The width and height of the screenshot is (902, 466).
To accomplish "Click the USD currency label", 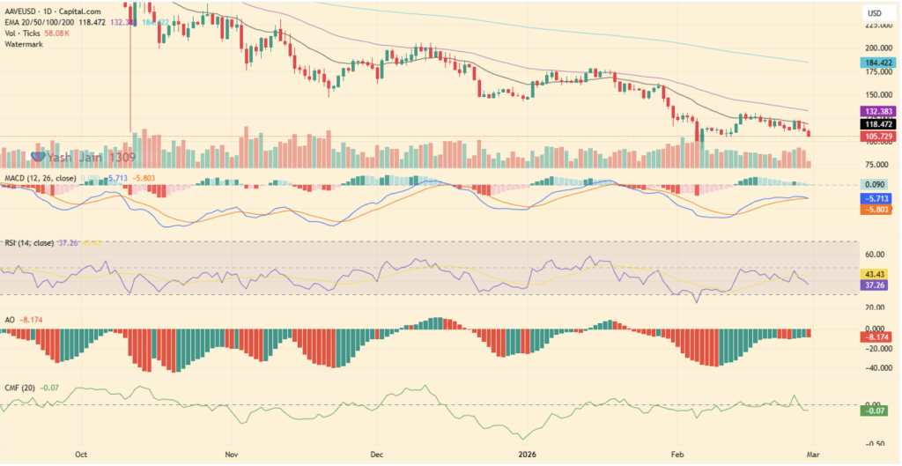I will coord(875,13).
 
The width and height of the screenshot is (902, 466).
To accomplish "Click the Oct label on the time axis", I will coord(81,455).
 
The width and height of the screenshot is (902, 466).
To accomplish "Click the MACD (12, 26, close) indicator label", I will coord(40,178).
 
